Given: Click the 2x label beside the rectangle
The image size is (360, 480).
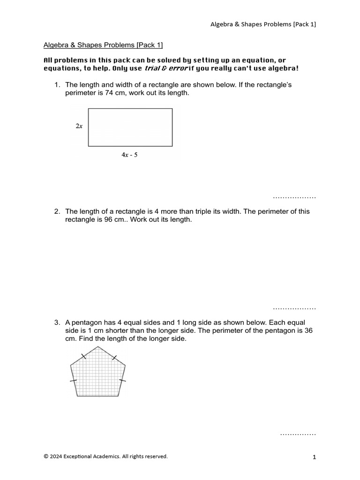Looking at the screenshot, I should coord(79,127).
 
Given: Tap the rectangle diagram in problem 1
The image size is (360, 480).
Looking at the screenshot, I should coord(130,127).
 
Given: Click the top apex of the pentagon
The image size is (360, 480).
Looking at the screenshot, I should coord(98,347).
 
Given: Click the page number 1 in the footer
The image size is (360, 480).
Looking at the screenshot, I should coord(315,457).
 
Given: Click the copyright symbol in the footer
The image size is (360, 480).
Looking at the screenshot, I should coord(46,456).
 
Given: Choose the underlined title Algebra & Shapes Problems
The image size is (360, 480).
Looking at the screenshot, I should coord(103,45).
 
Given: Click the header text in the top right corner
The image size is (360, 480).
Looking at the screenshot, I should coord(262,24).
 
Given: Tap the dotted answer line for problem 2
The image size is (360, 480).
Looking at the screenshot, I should coord(294,309).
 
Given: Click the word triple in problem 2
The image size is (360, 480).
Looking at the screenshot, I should coord(200,211).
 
